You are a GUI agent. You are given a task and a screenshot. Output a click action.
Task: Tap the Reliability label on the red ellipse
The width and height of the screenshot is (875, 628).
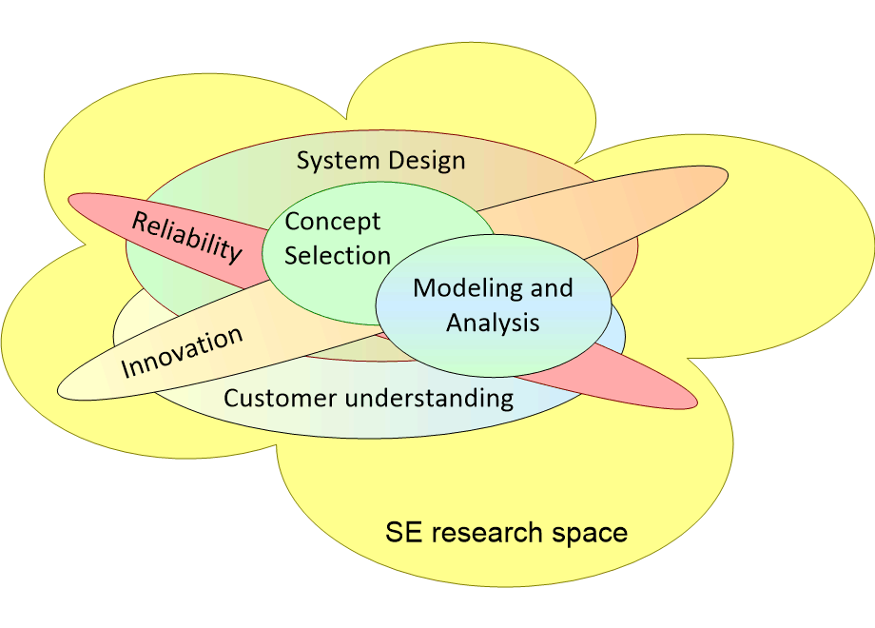tap(186, 236)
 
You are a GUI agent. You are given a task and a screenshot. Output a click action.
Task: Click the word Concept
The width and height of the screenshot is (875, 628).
tap(333, 222)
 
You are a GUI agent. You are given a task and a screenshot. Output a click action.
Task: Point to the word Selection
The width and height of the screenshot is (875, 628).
tap(338, 255)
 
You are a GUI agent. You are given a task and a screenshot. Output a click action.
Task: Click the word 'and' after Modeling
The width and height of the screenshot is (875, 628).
tap(551, 287)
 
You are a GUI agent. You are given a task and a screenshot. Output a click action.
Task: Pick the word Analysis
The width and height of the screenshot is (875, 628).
tap(493, 323)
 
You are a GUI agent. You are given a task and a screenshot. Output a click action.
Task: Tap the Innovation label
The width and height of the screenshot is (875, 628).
tap(182, 351)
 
